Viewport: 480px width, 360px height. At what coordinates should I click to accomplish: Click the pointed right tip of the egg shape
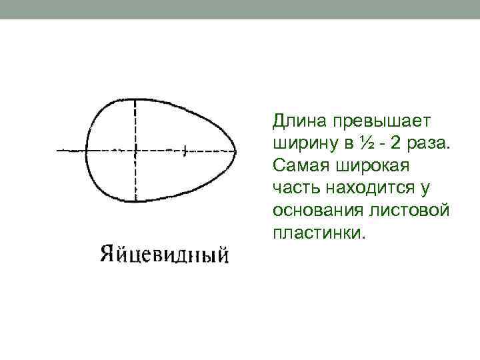[x=236, y=151]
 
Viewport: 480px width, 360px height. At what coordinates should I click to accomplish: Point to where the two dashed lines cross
[x=135, y=151]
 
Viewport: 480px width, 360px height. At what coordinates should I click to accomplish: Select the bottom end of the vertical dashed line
[x=135, y=201]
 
